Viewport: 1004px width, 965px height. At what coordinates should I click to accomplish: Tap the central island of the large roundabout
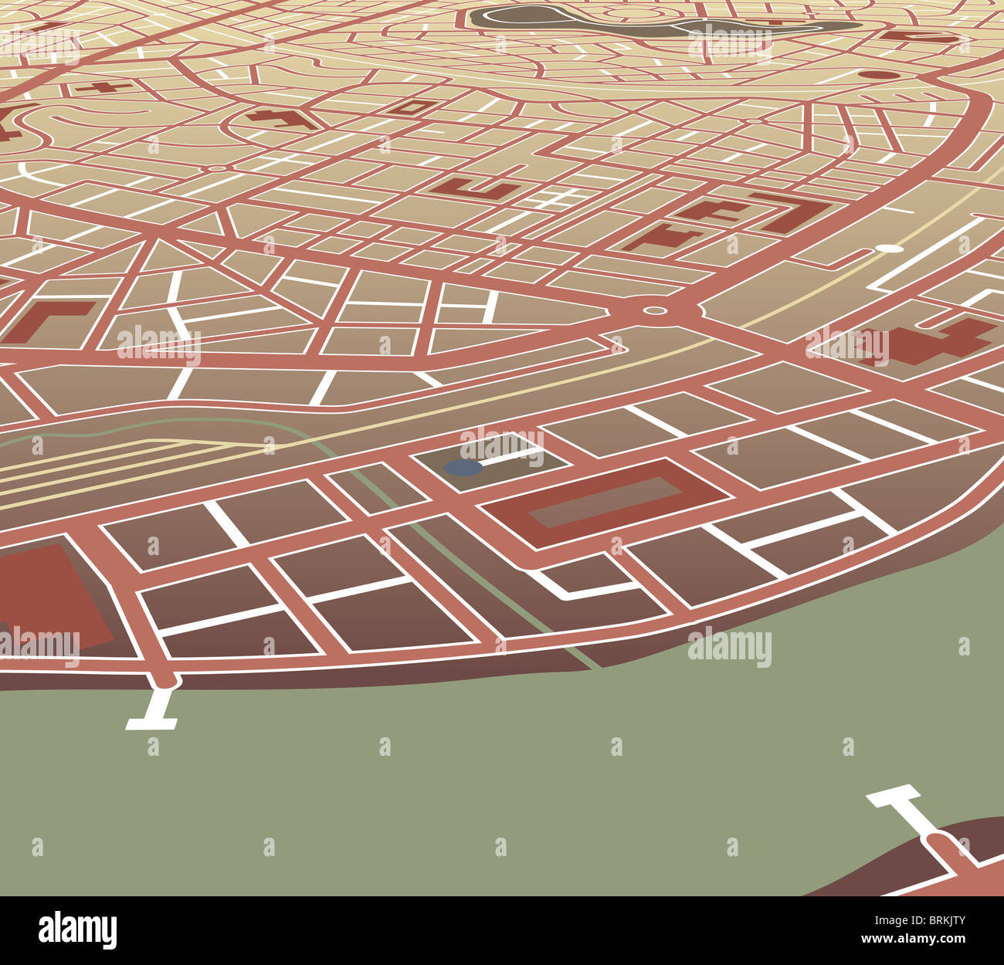pos(655,311)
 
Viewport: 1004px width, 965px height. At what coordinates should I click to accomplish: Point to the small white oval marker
pos(890,249)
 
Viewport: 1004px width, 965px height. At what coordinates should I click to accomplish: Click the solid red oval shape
pos(874,75)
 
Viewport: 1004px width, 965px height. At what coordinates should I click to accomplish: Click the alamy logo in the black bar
pos(77,930)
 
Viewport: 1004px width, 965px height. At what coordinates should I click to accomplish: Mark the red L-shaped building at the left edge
pos(46,319)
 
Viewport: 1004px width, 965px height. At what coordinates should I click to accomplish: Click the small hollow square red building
pos(413,107)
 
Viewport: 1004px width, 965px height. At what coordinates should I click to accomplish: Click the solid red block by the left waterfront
pos(46,594)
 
